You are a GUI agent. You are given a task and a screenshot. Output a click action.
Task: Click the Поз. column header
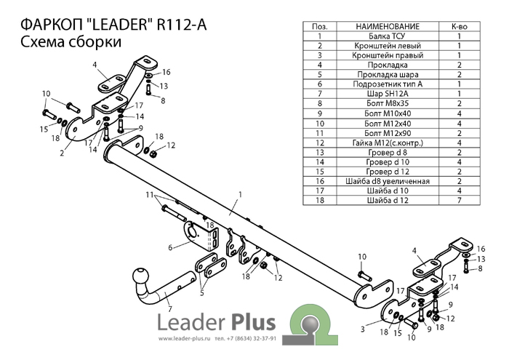pos(319,26)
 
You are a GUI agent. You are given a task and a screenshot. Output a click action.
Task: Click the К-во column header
pos(460,26)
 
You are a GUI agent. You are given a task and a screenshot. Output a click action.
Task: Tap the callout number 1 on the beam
pos(239,194)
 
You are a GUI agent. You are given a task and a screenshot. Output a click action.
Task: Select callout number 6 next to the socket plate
pos(170,247)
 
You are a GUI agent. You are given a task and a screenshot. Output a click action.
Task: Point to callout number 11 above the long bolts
pos(149,195)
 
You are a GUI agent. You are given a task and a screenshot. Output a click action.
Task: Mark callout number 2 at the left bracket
pos(63,153)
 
